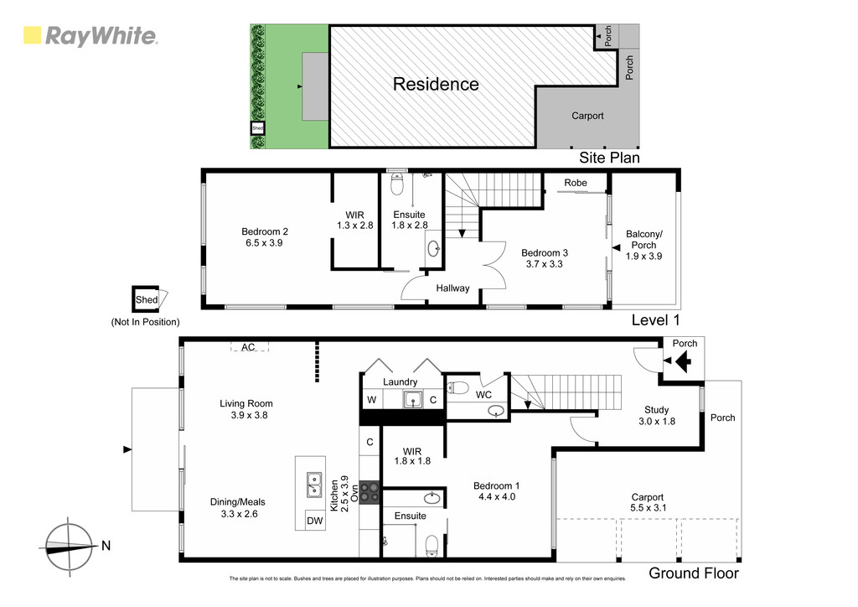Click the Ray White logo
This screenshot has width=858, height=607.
[90, 36]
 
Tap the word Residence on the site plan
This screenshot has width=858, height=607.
[436, 84]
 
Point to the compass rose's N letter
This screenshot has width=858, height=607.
[106, 545]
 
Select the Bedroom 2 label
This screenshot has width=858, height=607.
[265, 231]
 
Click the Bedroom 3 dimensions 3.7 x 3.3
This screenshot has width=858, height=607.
[545, 264]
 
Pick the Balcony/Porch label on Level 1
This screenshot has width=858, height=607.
[644, 239]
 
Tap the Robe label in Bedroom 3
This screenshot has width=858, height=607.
[576, 183]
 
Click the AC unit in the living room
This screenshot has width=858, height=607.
[248, 346]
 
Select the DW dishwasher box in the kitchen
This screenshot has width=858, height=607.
[315, 521]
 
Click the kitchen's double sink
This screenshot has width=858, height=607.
[314, 485]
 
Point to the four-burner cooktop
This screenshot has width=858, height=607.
[370, 491]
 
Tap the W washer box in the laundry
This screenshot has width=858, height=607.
[371, 400]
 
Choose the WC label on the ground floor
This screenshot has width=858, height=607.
[483, 395]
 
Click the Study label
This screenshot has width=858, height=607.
[657, 409]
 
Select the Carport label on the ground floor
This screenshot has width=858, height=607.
[648, 497]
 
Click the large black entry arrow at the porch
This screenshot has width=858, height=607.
[684, 361]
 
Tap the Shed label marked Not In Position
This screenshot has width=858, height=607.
[147, 299]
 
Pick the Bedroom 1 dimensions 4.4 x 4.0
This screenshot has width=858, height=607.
[497, 497]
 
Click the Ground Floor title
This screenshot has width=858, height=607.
[694, 573]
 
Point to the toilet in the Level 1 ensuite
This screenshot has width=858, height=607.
[397, 184]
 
